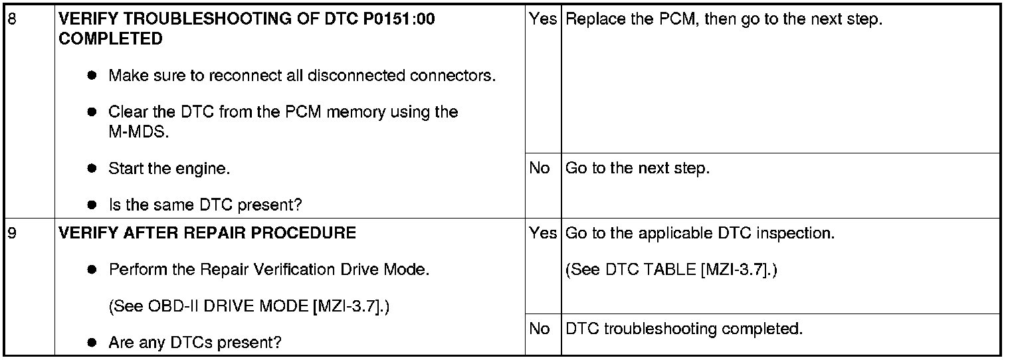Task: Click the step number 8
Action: (x=10, y=19)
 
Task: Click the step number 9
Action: (x=10, y=234)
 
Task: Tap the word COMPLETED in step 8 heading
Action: (x=110, y=39)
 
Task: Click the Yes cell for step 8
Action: (x=543, y=19)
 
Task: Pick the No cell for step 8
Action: (x=540, y=169)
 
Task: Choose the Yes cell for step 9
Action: (x=543, y=234)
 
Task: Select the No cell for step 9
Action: (x=540, y=329)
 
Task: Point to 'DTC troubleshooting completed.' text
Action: (x=684, y=329)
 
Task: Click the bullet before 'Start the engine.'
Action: (x=93, y=169)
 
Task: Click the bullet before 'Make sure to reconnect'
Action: (x=93, y=76)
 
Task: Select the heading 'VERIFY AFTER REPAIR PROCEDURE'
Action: (x=207, y=234)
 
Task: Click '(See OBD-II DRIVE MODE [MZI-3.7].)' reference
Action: (x=249, y=307)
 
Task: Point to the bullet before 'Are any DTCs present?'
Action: (x=93, y=343)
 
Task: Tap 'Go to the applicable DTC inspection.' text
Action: (x=700, y=234)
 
